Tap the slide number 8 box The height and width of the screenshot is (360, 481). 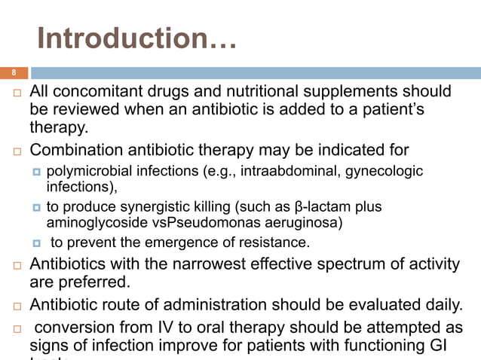pos(13,73)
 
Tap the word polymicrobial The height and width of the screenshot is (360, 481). pos(88,171)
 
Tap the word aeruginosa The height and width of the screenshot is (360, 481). pos(302,222)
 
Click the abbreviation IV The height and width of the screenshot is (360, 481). pos(168,328)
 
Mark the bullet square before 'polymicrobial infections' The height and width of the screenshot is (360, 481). pos(35,172)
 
